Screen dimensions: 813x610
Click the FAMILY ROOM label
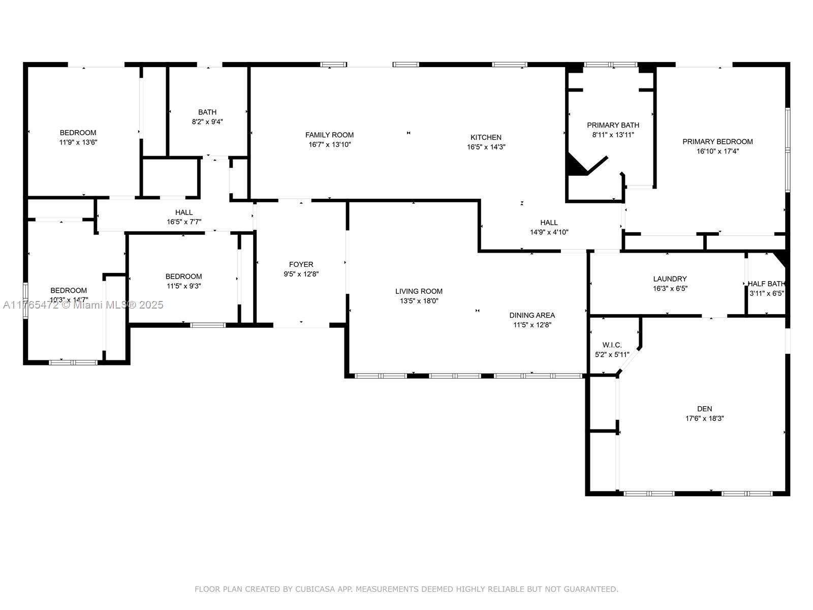coord(329,135)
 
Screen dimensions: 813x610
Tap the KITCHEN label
coord(486,137)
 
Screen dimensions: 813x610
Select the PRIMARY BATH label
coord(613,125)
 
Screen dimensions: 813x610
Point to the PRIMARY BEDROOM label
coord(717,141)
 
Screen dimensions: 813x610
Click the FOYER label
coord(301,264)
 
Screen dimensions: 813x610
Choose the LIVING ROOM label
coord(419,291)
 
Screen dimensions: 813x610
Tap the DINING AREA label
coord(532,315)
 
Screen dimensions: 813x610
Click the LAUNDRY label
coord(670,279)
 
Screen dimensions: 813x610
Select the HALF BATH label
coord(766,284)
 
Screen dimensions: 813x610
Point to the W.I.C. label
coord(612,345)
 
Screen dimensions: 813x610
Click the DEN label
coord(704,409)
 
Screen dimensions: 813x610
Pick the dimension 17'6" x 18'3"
coord(704,418)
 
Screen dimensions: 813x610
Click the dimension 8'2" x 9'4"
coord(207,122)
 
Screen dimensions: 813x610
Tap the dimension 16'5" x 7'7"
coord(184,222)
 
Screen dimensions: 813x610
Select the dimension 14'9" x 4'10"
coord(549,232)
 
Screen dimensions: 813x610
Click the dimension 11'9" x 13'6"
coord(78,142)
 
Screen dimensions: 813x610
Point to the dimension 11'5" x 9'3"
coord(184,286)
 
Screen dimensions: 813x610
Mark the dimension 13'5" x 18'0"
coord(419,301)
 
